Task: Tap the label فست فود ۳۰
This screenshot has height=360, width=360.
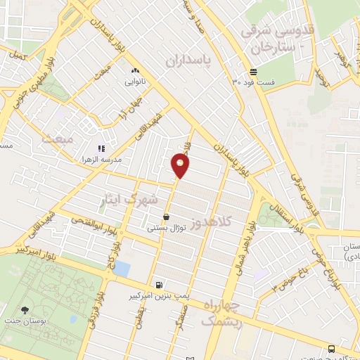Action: [253, 82]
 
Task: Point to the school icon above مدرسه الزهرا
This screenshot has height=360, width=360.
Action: [102, 148]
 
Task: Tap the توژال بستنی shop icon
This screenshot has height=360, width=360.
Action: [166, 217]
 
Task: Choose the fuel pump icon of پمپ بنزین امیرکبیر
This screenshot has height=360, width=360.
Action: [162, 285]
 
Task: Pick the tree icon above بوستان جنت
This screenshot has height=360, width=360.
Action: [26, 310]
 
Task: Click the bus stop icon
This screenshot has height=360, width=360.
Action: [331, 348]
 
